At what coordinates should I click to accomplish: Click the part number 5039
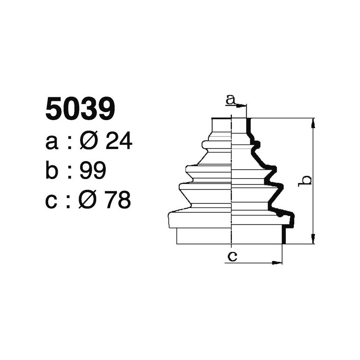click(81, 109)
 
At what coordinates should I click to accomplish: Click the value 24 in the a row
click(118, 142)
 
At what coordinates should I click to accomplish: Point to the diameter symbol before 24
click(89, 142)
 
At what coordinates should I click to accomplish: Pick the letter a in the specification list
click(52, 143)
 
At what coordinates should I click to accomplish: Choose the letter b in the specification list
click(53, 171)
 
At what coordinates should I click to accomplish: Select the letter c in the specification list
click(52, 201)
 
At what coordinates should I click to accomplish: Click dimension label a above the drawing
click(230, 100)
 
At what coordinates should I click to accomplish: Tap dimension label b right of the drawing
click(306, 180)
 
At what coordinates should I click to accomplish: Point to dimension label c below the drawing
click(233, 256)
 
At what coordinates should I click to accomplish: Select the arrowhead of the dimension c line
click(279, 262)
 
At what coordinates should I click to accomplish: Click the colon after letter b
click(69, 171)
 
